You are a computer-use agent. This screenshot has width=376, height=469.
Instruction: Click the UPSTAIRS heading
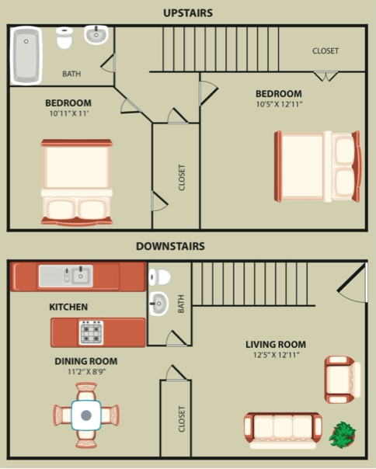click(x=187, y=12)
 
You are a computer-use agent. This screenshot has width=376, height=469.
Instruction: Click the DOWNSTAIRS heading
click(x=170, y=246)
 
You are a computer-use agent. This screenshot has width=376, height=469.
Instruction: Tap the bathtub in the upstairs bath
click(x=26, y=54)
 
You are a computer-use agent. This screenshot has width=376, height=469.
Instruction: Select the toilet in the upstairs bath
click(x=65, y=38)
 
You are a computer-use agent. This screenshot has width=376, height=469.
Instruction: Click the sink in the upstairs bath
click(x=96, y=35)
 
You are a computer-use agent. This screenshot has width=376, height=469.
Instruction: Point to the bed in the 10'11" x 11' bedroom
click(x=76, y=182)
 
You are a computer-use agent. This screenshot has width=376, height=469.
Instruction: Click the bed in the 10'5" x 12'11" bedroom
click(x=317, y=167)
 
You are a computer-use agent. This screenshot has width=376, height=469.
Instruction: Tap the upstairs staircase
click(x=220, y=48)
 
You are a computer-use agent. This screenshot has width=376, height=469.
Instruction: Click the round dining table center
click(x=85, y=416)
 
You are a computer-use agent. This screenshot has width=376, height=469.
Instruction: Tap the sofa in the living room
click(x=282, y=430)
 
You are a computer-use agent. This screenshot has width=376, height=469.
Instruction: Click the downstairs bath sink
click(x=158, y=303)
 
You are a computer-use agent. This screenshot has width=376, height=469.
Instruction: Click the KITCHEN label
click(x=68, y=307)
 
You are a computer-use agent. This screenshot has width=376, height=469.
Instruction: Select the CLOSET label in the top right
click(x=325, y=51)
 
